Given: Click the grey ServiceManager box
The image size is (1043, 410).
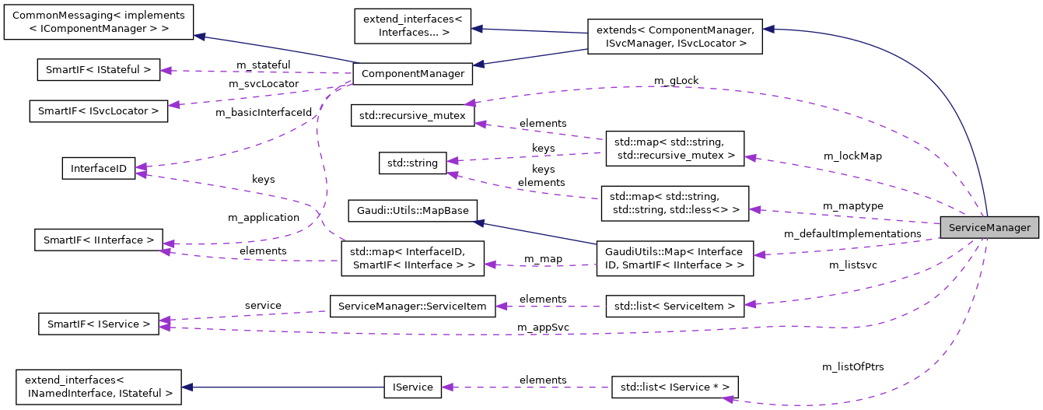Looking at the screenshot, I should tap(989, 228).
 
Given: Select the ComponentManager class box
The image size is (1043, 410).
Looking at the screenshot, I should tap(412, 74).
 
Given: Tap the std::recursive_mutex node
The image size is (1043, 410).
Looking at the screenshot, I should tap(412, 115).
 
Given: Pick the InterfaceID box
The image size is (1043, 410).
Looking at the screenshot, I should tap(98, 168).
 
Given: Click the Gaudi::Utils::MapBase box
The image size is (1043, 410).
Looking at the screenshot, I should tap(412, 211).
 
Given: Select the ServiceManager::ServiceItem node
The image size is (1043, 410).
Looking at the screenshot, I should tap(412, 306).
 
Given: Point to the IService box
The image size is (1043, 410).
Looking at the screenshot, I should tap(412, 387).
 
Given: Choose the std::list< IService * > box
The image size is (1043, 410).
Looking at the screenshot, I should tap(674, 387).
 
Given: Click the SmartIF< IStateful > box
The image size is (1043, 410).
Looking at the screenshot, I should tap(98, 69).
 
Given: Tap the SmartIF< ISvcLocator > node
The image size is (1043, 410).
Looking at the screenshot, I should tap(98, 110).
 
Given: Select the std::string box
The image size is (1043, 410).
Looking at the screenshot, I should tap(412, 163).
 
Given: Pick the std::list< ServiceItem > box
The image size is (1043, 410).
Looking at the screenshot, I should tap(674, 306).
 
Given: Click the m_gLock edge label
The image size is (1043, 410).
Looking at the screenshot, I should tap(675, 81).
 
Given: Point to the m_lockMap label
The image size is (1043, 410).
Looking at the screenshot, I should tap(852, 156).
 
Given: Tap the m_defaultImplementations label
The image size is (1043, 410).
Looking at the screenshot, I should tap(852, 233).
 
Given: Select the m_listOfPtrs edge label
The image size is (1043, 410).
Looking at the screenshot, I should tap(852, 366).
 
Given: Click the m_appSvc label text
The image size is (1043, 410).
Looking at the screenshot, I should tap(543, 328).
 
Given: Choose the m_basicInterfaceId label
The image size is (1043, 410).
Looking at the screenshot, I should tap(264, 112).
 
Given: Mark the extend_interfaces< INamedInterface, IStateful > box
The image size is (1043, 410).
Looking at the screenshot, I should tap(98, 387).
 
